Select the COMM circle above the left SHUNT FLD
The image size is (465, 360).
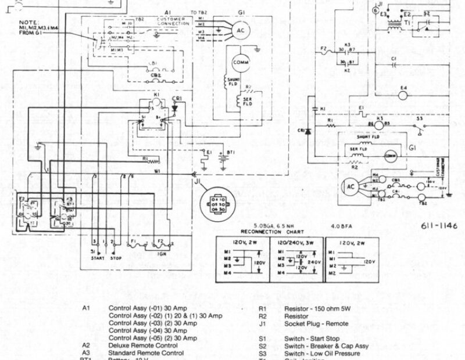(241, 62)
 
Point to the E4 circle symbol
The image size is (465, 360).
(403, 89)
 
